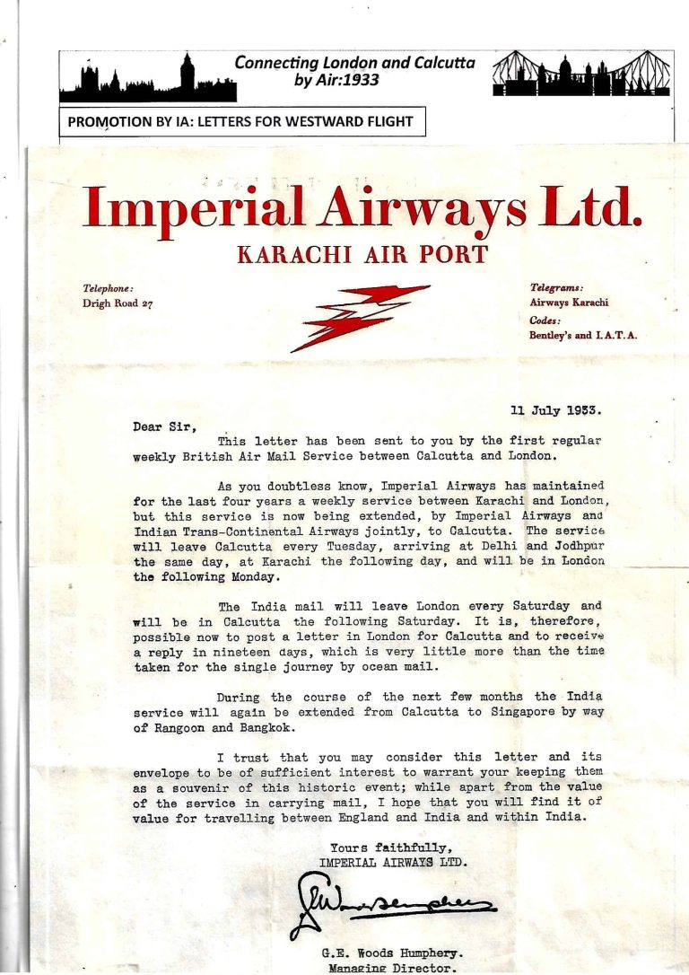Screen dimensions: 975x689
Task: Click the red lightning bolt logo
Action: click(x=361, y=316)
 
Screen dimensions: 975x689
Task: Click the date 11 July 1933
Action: click(x=555, y=411)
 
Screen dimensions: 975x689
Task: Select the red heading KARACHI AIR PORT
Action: click(x=362, y=254)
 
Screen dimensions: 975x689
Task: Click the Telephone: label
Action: click(x=109, y=288)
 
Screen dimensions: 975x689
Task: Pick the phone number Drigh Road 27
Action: click(x=118, y=303)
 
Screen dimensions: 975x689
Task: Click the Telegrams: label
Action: click(x=556, y=287)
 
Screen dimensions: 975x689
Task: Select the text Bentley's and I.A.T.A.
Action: click(x=583, y=335)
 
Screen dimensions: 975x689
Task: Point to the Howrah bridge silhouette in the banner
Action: click(x=582, y=74)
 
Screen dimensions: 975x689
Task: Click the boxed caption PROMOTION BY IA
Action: click(x=241, y=121)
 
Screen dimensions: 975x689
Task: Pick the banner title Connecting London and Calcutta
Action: click(x=355, y=63)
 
